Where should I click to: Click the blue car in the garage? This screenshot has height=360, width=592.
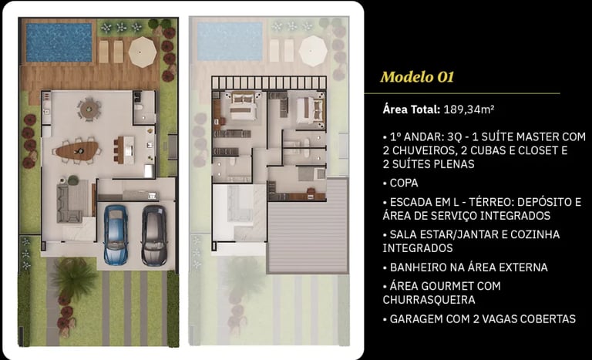(116, 234)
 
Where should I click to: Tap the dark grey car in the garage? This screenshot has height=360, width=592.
(154, 235)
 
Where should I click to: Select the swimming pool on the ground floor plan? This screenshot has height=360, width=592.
(59, 42)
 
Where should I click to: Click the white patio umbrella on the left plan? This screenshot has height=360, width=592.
(143, 52)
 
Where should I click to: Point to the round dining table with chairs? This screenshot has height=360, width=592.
(89, 109)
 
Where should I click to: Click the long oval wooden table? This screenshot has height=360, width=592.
(77, 151)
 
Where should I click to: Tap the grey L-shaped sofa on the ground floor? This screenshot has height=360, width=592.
(72, 202)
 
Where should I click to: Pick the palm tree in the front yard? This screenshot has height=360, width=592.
(73, 278)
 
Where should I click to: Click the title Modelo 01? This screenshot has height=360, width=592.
(417, 77)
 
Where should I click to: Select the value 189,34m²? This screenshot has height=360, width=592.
(469, 109)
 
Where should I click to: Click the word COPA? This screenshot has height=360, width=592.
(404, 183)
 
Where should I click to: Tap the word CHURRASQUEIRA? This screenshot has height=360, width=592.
(429, 300)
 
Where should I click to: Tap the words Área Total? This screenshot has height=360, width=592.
(412, 109)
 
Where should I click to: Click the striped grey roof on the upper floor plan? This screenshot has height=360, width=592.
(308, 226)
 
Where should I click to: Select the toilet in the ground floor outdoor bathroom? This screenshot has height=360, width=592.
(138, 107)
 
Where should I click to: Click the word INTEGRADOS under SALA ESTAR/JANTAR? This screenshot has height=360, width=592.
(418, 248)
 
